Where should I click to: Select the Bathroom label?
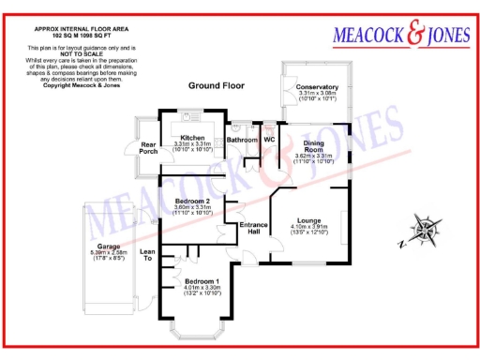[241, 140]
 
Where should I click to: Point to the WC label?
[268, 140]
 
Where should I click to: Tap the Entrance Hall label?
[254, 227]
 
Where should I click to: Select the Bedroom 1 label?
[202, 281]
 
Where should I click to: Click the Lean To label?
[147, 254]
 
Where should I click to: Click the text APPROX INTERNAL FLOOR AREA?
[75, 27]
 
